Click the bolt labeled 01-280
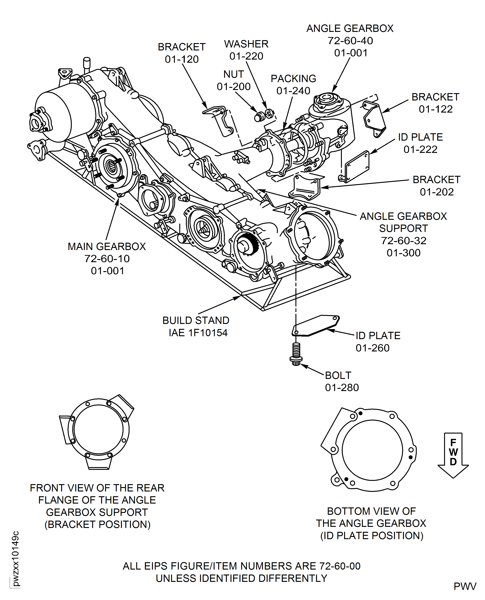coord(296,354)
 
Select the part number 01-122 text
coord(436,109)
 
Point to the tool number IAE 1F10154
coord(198,333)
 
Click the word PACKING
coord(293,79)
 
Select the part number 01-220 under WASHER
coord(246,56)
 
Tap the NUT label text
coord(234,74)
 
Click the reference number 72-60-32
coord(403,241)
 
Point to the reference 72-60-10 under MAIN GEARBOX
coord(107,259)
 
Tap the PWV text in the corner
coord(465,586)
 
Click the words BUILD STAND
coord(196,320)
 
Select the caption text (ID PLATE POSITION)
coord(372,535)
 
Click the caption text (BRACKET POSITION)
coord(97,524)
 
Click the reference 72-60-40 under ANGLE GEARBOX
coord(350,41)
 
